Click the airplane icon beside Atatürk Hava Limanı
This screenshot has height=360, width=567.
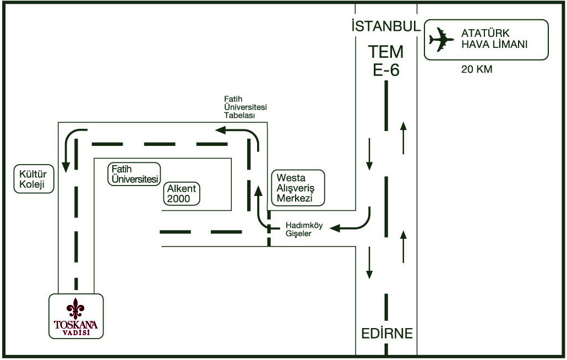click(441, 39)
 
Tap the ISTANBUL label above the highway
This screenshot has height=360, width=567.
click(386, 26)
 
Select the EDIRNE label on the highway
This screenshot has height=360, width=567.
click(387, 333)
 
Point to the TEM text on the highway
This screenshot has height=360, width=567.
click(386, 52)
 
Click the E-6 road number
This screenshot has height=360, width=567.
click(386, 70)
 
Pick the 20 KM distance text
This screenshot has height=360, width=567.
click(477, 69)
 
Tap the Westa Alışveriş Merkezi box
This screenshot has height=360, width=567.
click(298, 188)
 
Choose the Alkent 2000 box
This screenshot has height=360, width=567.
click(182, 194)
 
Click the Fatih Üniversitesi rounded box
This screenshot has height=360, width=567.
click(134, 174)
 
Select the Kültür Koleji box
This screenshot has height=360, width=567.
click(34, 179)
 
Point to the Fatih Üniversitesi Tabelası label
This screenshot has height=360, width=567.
click(245, 107)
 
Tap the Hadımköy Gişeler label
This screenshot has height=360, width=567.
click(304, 230)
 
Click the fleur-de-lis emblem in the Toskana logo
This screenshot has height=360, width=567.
click(75, 309)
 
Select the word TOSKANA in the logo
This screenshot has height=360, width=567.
click(76, 324)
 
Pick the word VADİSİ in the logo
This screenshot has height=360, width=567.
click(76, 332)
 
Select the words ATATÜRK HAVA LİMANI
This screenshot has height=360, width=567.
click(494, 39)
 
